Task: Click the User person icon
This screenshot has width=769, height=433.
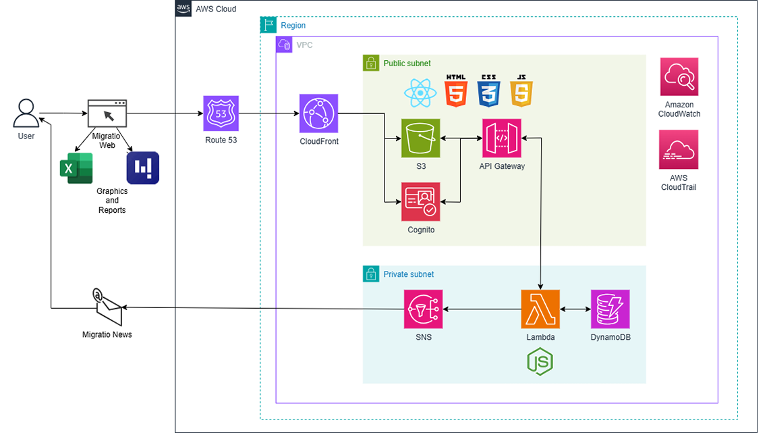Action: click(x=26, y=113)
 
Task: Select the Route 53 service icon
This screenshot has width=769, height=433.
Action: click(x=221, y=113)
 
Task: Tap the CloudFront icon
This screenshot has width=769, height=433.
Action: click(x=318, y=113)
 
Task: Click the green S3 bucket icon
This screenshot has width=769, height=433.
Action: click(x=420, y=138)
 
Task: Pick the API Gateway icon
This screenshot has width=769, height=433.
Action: click(x=501, y=138)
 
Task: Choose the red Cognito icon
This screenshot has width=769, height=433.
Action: click(x=420, y=202)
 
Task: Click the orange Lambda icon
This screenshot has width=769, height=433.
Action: click(x=540, y=309)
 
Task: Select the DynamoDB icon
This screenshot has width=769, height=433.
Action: click(x=610, y=309)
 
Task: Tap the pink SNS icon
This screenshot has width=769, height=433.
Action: click(x=424, y=309)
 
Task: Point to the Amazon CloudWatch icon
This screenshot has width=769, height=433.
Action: click(x=679, y=77)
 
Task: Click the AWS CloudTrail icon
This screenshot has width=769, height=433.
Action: click(x=679, y=150)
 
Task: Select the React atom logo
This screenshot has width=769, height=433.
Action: click(x=420, y=93)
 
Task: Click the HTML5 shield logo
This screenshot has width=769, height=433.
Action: click(x=456, y=91)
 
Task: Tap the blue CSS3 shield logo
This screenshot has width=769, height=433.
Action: click(x=488, y=91)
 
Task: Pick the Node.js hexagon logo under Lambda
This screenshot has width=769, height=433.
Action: click(x=540, y=361)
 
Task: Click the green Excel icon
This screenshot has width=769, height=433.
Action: click(x=76, y=168)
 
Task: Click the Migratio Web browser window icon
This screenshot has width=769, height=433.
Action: click(x=107, y=113)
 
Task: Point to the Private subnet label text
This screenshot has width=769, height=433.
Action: click(x=408, y=274)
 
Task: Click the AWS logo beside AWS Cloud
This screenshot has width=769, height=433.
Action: click(x=183, y=9)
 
